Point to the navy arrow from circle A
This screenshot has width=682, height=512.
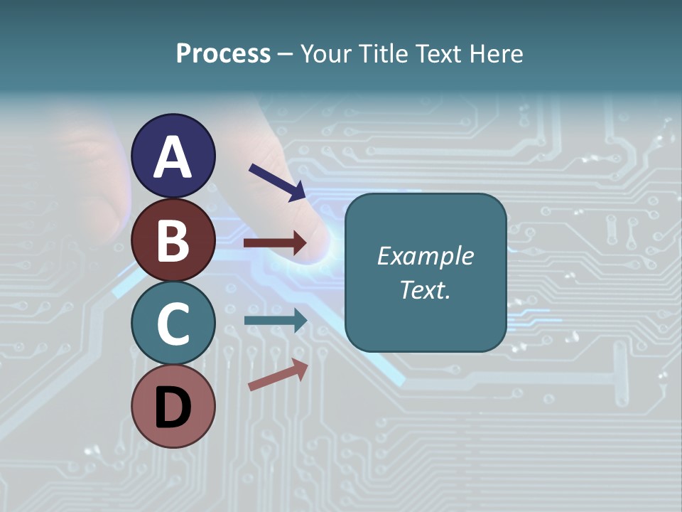click(277, 182)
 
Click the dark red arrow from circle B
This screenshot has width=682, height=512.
click(275, 243)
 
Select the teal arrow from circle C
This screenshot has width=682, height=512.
click(275, 321)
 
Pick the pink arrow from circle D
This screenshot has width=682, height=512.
click(278, 375)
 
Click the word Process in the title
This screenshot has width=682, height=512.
click(223, 54)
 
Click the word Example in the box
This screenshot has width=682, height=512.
click(425, 256)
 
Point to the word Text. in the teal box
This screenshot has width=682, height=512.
click(425, 289)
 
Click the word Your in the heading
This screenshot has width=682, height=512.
click(328, 54)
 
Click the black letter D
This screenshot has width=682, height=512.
click(173, 407)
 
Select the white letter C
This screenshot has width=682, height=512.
click(173, 324)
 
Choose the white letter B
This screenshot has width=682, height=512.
click(173, 240)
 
